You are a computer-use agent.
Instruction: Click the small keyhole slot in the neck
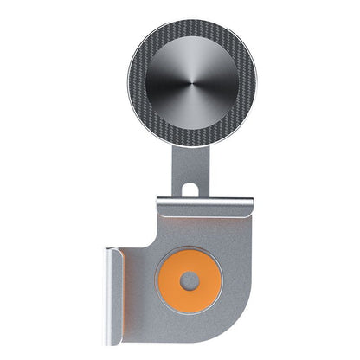(191, 185)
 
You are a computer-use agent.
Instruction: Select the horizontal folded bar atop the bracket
(205, 206)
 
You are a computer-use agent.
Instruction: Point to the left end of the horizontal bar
(158, 206)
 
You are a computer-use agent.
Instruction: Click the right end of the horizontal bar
(252, 206)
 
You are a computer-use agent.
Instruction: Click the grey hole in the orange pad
(190, 281)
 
